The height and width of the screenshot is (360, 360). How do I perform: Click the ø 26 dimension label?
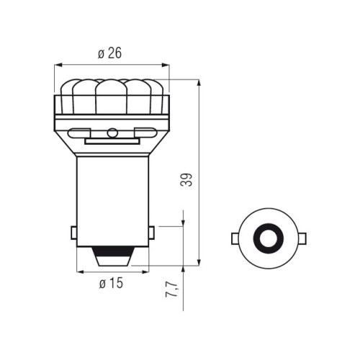click(x=109, y=53)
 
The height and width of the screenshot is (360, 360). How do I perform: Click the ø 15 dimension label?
click(x=111, y=283)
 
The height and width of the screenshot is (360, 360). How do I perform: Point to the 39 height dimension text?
click(x=186, y=180)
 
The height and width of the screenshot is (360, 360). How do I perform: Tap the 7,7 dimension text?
click(x=171, y=290)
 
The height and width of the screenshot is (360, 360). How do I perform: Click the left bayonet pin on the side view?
click(x=74, y=233)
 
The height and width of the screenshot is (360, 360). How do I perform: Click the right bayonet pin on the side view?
click(x=151, y=233)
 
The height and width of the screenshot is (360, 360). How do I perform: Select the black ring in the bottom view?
click(x=269, y=238)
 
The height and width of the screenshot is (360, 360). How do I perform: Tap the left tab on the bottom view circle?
click(x=235, y=238)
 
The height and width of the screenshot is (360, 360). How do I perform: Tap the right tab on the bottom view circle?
click(x=302, y=238)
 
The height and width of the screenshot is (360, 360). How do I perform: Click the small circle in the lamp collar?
click(x=112, y=132)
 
